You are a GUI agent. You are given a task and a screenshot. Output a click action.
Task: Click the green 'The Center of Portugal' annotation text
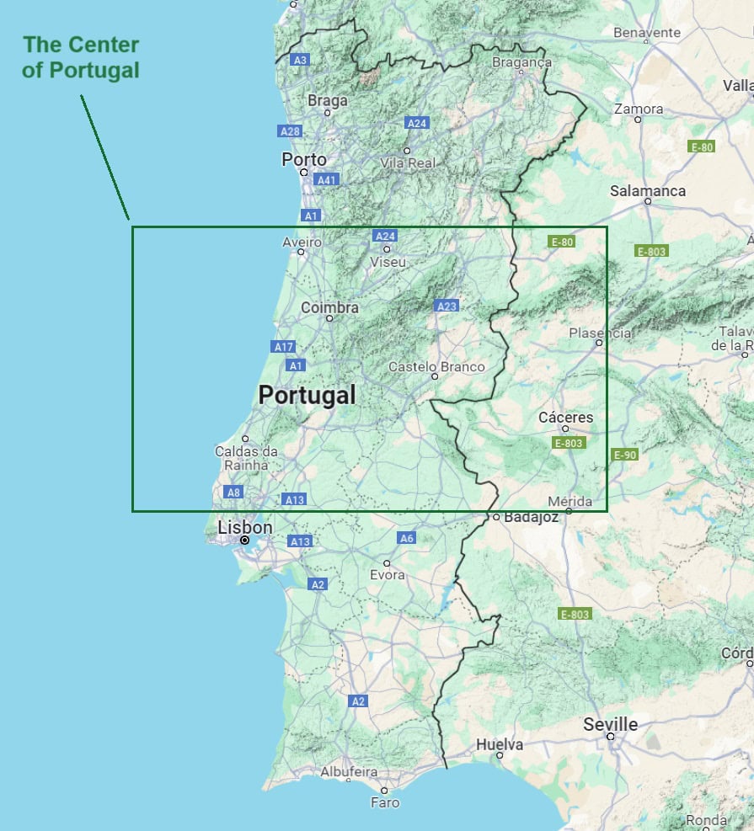coord(81,57)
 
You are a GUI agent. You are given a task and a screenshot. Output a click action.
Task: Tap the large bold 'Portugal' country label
coord(307,395)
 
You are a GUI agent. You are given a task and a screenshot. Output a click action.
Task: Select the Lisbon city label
coord(245,527)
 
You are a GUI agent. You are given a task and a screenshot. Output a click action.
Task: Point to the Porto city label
coord(304,159)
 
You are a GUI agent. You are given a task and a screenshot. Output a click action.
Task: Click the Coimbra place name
coord(330,308)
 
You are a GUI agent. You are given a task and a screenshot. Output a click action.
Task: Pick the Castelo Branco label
coord(436,366)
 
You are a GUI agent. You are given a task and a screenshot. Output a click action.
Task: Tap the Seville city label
coord(611,724)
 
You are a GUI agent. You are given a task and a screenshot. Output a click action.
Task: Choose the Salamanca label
coord(648,191)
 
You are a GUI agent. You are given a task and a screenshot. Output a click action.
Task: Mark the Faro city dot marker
coord(384,791)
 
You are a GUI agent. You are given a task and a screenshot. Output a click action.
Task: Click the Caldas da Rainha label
coord(241,458)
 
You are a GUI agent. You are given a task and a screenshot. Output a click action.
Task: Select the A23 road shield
coord(447,306)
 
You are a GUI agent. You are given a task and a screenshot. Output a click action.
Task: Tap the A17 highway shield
coord(283,346)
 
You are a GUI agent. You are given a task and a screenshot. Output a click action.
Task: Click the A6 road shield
coord(407,538)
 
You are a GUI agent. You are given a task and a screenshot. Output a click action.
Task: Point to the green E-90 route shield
coord(625,455)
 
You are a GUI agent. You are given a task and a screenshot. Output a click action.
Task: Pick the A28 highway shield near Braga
coord(290,131)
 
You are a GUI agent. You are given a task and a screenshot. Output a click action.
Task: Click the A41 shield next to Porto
coord(326,179)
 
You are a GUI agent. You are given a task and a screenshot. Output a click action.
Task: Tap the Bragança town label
coord(522,62)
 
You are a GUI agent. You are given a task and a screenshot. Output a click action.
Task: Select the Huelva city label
coord(500,744)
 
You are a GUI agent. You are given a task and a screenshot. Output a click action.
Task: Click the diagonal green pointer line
coord(105,157)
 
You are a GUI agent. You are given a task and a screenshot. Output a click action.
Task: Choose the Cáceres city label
coord(566,418)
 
